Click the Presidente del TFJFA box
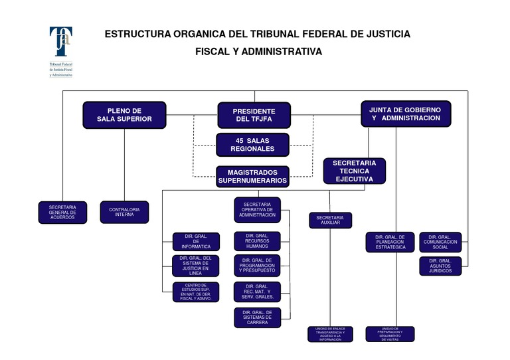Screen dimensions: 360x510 tap(254, 115)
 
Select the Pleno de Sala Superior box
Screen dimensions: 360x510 tap(124, 115)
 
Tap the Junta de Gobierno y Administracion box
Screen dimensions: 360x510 tap(406, 114)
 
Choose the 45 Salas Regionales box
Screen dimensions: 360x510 tap(253, 145)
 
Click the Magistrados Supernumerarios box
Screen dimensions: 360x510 tap(253, 176)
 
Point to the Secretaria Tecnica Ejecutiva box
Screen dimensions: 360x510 tap(354, 171)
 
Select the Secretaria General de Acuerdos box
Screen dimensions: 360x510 tap(62, 212)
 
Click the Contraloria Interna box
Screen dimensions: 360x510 tap(124, 212)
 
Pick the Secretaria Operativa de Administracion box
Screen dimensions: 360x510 tap(257, 210)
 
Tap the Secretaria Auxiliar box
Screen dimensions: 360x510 tap(330, 221)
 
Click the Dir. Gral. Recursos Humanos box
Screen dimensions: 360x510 tap(257, 241)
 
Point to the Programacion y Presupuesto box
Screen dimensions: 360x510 tap(257, 266)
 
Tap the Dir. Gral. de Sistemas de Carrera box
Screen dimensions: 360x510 tap(257, 317)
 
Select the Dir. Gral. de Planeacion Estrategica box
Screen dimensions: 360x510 tap(390, 242)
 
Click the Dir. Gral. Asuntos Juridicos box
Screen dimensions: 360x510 tap(440, 266)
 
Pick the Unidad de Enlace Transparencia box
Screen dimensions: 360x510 tap(330, 333)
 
